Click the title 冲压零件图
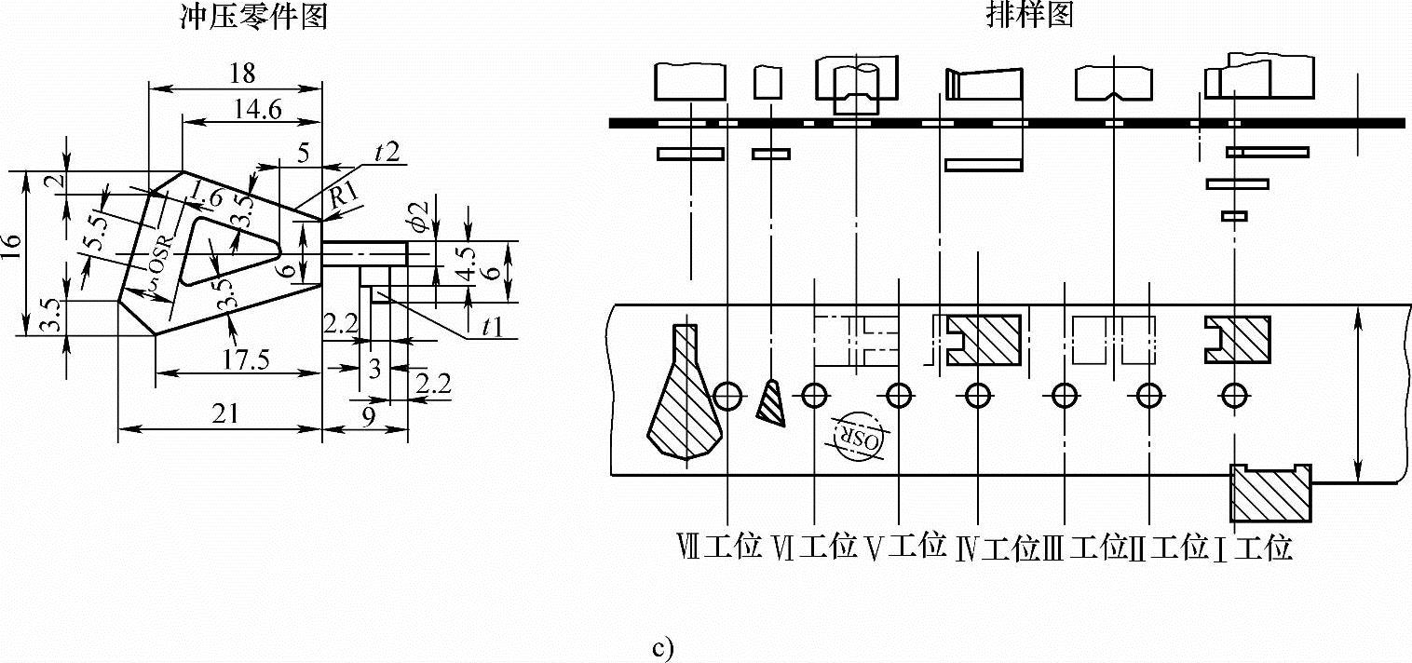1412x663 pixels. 252,16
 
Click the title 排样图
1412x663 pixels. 1029,16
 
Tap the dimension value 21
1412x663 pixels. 225,415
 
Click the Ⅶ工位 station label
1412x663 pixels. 723,548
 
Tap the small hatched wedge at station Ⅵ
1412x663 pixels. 772,402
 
